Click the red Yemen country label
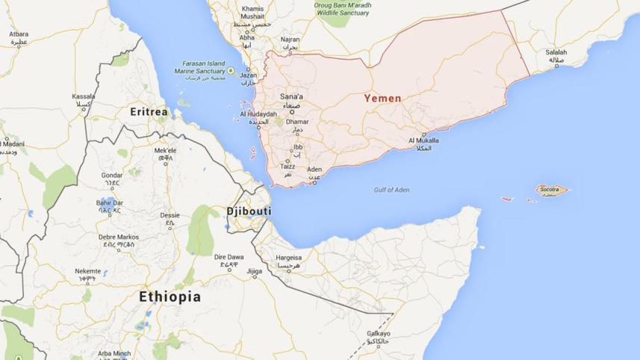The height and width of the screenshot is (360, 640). pos(382,98)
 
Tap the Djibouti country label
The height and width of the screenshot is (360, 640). pos(249,211)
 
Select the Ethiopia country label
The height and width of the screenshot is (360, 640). pos(170,297)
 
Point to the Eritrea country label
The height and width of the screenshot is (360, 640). pos(149,111)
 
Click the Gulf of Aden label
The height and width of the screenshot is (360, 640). pos(391,190)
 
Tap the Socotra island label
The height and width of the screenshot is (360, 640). pos(549,190)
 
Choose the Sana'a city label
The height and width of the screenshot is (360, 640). pos(291,96)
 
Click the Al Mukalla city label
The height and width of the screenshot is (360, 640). pos(423,140)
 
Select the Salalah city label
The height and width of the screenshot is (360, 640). pos(556,52)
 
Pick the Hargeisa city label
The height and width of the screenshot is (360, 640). pos(288,258)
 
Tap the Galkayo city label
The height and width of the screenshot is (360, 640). pos(379,334)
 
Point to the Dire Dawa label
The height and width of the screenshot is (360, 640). pos(229,256)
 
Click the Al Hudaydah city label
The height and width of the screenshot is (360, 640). pos(258,114)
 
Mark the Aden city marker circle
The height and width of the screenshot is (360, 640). pos(314,182)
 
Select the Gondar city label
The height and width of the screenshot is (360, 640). pos(111,176)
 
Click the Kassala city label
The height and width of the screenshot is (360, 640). pos(84,96)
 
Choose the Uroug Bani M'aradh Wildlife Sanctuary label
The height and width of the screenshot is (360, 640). pos(342,9)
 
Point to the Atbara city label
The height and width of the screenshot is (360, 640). pos(18,34)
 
